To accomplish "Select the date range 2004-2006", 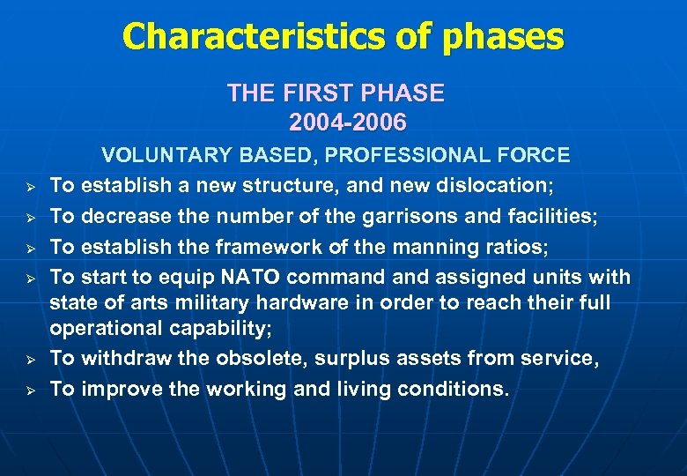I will [347, 121].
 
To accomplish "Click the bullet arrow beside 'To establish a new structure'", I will [29, 187].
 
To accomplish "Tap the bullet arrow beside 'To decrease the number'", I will [29, 218].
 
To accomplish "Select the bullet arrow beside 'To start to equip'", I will [29, 279].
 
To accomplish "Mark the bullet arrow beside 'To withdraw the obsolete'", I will [29, 360].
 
